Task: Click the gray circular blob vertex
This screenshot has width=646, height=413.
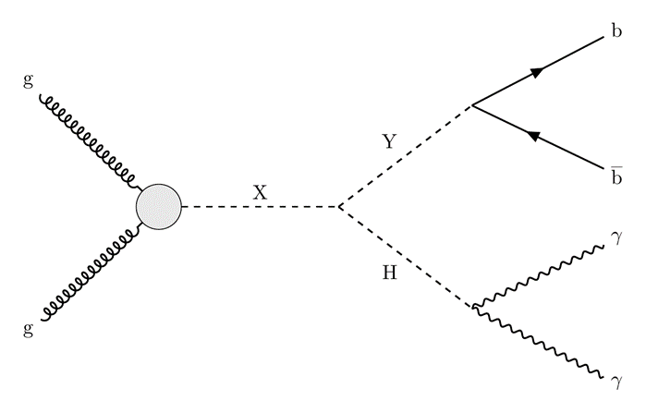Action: coord(159,207)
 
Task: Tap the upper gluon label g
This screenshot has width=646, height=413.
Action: coord(28,80)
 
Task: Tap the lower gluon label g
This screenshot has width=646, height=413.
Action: coord(28,329)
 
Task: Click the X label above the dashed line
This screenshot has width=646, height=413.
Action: coord(260,192)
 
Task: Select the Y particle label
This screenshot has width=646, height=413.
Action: coord(389,141)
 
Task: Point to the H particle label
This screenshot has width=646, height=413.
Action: coord(389,273)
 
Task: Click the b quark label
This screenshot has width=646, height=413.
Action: coord(616,30)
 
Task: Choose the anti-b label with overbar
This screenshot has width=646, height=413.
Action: coord(616,176)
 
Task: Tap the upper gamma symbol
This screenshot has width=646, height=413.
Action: coord(617,239)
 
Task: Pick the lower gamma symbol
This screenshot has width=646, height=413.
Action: coord(617,383)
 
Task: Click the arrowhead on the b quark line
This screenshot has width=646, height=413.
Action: coord(537,72)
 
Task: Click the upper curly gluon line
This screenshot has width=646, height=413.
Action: coord(88,140)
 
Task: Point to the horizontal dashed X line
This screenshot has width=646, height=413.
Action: coord(261,206)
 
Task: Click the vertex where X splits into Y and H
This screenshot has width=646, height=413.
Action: coord(339,206)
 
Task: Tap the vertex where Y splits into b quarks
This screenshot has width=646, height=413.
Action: coord(472,105)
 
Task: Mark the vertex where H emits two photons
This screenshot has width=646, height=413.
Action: coord(473,307)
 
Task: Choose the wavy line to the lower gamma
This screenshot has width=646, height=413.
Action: coord(538,341)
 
